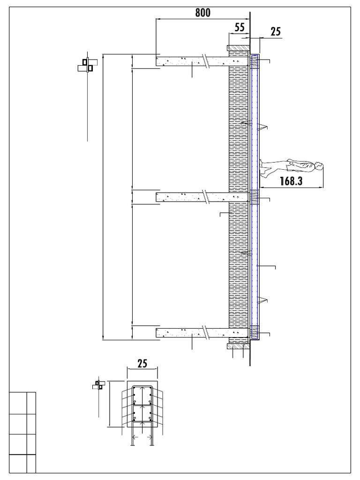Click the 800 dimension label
pos(202,13)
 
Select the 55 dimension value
pos(240,27)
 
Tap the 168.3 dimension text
pos(291,181)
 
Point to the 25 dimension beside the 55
pos(276,31)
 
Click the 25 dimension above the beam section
pos(142,363)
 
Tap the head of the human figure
pos(319,166)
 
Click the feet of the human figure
pos(262,169)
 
